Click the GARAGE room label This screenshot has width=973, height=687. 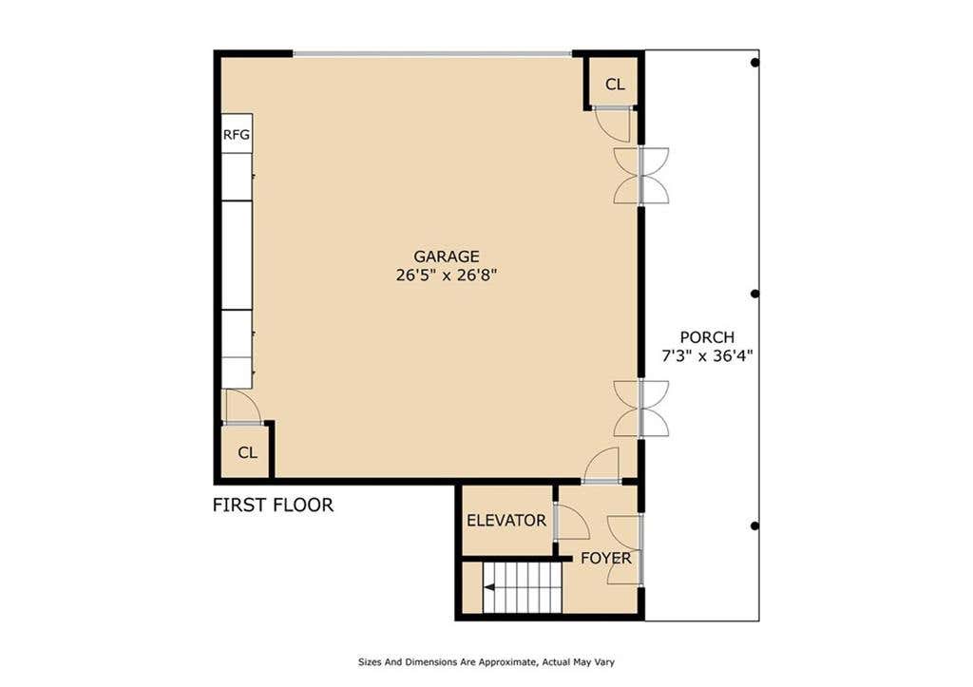pos(447,257)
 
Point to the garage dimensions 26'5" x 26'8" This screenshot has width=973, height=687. pos(447,275)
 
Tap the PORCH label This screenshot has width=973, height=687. pos(707,337)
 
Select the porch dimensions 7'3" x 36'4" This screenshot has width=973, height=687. pos(707,357)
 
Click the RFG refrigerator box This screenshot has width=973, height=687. pos(237,133)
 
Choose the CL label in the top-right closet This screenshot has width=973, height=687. pos(615,85)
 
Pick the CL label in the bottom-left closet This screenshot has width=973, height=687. pos(248,453)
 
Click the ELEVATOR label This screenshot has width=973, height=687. pos(506,520)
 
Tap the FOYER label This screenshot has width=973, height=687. pos(605,559)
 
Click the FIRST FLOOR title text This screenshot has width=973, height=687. pos(273,506)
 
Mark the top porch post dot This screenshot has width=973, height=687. pos(754,63)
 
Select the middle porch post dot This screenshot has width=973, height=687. pos(754,295)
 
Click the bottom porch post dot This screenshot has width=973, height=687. pos(754,526)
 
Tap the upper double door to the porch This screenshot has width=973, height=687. pos(641,176)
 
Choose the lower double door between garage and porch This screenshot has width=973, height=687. pos(641,409)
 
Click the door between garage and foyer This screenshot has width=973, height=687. pos(601,466)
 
